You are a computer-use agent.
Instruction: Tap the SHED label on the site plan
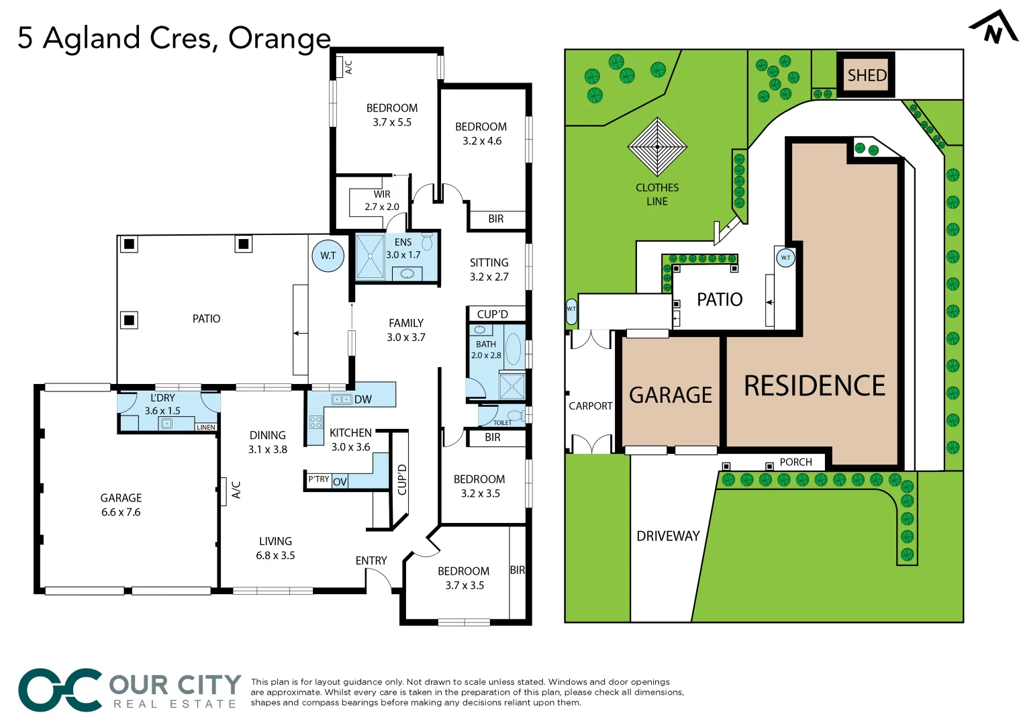tap(866, 75)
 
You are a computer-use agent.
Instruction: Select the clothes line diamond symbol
tap(657, 146)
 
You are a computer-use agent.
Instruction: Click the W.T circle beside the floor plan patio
tap(328, 256)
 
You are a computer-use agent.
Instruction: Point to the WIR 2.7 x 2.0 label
tap(382, 201)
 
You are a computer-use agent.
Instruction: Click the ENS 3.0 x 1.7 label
tap(403, 248)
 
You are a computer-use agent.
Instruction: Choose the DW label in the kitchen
tap(362, 399)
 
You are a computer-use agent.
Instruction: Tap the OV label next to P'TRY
tap(340, 481)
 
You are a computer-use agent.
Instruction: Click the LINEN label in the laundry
tap(205, 427)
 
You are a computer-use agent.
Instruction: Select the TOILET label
tap(502, 422)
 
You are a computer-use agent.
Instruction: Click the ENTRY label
tap(371, 561)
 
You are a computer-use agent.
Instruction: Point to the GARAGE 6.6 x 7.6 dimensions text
tap(121, 512)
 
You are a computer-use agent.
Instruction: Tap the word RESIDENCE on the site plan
tap(814, 386)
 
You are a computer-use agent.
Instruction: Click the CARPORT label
tap(590, 406)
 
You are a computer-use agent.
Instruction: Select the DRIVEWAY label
tap(668, 536)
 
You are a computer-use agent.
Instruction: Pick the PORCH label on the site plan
tap(795, 462)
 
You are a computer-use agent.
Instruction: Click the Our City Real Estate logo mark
tap(60, 690)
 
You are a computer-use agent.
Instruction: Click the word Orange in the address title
tap(279, 38)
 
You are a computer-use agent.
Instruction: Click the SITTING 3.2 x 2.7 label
tap(489, 270)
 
